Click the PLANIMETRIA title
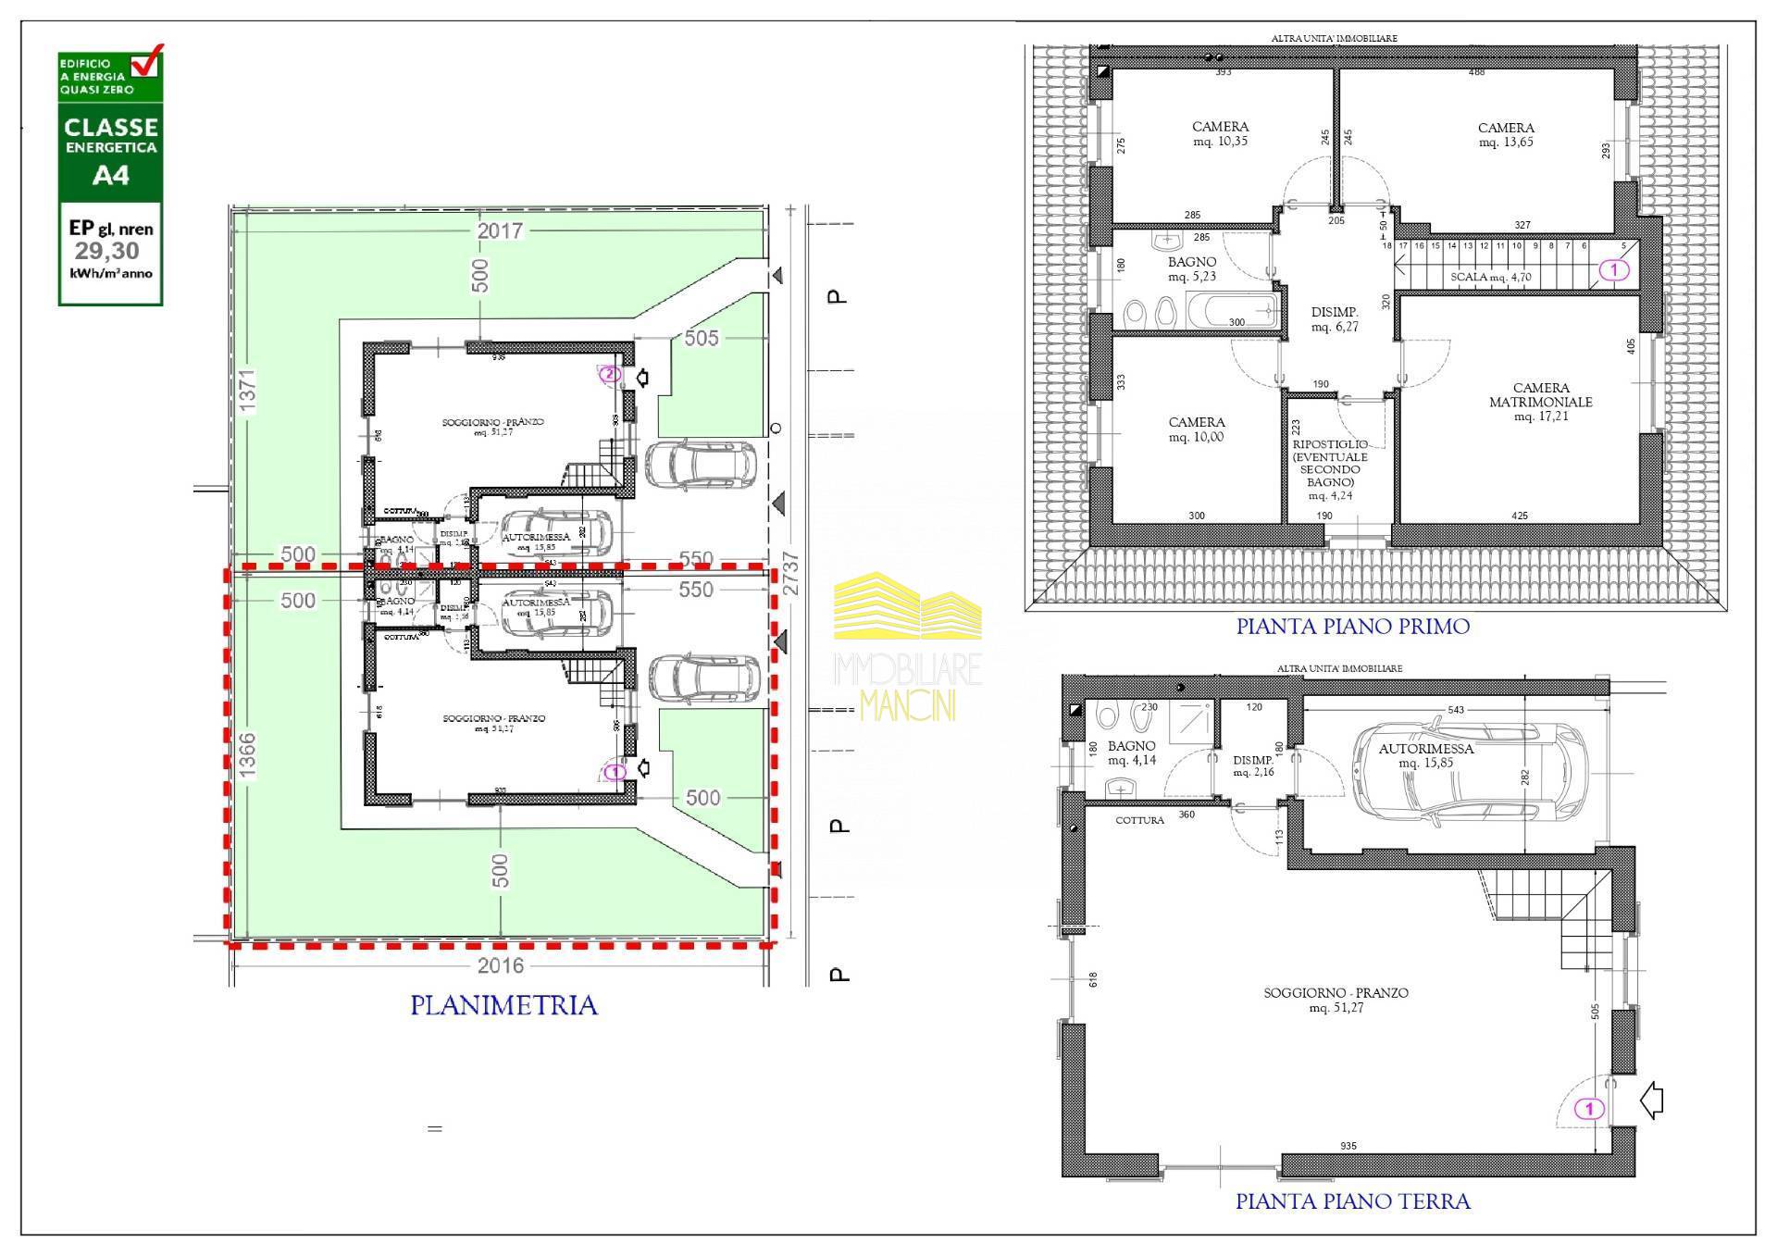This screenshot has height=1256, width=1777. [x=503, y=1005]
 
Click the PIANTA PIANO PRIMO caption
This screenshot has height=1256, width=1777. [x=1352, y=627]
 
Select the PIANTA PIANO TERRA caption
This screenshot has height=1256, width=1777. [x=1352, y=1201]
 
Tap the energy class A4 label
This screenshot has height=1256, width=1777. [x=111, y=175]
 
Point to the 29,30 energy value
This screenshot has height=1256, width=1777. [x=107, y=251]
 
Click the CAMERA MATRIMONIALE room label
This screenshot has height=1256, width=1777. [x=1540, y=402]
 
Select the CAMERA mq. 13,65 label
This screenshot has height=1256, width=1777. [x=1506, y=135]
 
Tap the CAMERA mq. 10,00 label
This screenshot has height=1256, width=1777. [x=1196, y=429]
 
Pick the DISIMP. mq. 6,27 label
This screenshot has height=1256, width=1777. [x=1335, y=319]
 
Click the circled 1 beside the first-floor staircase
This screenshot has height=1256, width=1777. [x=1614, y=270]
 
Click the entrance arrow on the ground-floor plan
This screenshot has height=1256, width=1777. [x=1651, y=1101]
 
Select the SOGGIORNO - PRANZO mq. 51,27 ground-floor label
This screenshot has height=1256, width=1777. [x=1336, y=1000]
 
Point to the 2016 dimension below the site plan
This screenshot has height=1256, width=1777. [x=500, y=965]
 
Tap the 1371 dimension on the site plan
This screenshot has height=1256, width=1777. [x=247, y=390]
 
